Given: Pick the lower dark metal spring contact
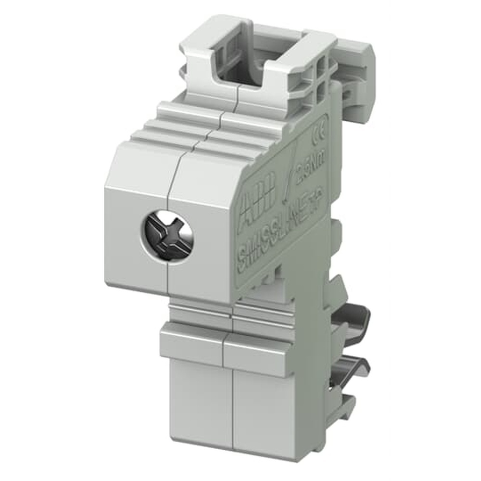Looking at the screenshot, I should tap(349, 373).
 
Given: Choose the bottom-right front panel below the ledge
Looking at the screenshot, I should tap(257, 409).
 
